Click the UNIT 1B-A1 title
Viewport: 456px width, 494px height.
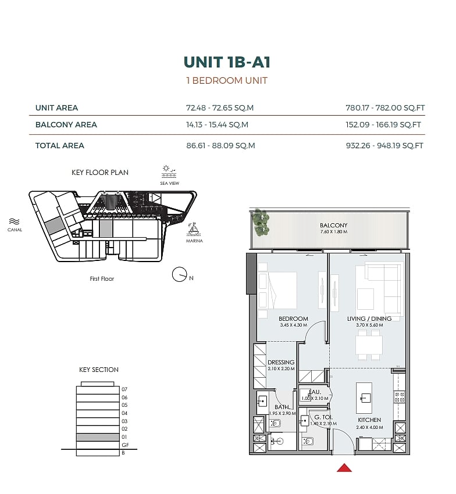(x=227, y=62)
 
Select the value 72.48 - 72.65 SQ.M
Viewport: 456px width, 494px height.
(x=220, y=108)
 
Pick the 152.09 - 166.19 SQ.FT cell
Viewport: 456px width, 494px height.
(x=383, y=125)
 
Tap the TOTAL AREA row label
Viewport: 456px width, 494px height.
(x=59, y=145)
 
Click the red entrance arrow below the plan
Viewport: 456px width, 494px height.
(x=344, y=467)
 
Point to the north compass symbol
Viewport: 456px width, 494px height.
(x=180, y=275)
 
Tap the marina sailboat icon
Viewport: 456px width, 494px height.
(x=194, y=230)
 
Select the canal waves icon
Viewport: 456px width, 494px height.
(x=15, y=221)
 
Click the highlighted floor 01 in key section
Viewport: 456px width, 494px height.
(x=98, y=437)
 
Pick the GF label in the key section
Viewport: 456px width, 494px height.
(x=125, y=445)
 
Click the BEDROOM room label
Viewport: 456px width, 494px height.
(x=293, y=319)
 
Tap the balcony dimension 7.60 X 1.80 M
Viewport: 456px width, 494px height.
(x=334, y=231)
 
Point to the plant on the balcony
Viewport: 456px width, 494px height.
(x=261, y=222)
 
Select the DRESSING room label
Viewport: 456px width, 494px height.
(x=281, y=362)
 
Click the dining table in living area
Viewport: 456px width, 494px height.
(x=369, y=345)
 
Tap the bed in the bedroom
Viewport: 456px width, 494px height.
(x=277, y=291)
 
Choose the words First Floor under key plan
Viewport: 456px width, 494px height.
(x=102, y=279)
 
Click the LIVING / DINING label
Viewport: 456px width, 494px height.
(x=369, y=319)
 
